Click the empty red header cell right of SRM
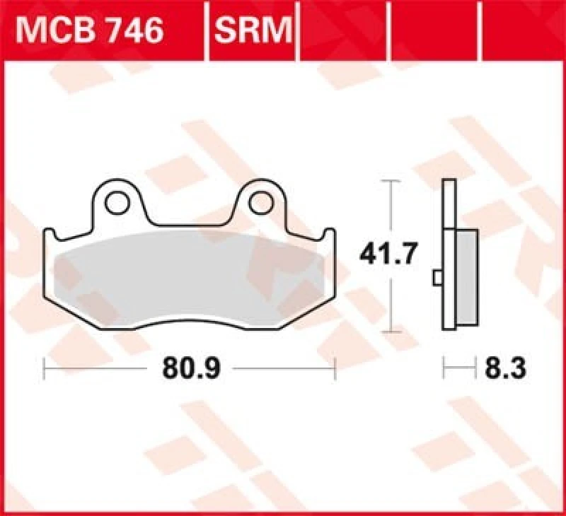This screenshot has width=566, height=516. (345, 31)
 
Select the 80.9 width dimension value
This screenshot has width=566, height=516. (190, 368)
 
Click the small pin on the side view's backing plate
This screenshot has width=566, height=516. (437, 278)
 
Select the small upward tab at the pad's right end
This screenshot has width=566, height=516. (330, 234)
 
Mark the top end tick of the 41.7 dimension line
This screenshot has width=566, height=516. (387, 182)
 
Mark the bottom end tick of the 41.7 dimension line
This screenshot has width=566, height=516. (387, 332)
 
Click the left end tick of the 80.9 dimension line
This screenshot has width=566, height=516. (45, 368)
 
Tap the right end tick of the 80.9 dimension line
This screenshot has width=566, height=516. (335, 368)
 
